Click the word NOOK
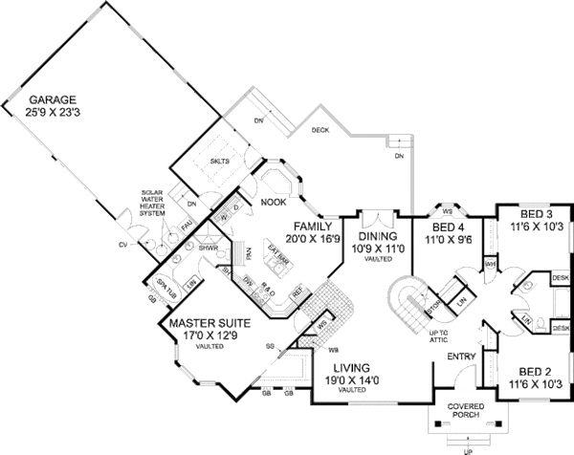273,203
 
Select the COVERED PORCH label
465,410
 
